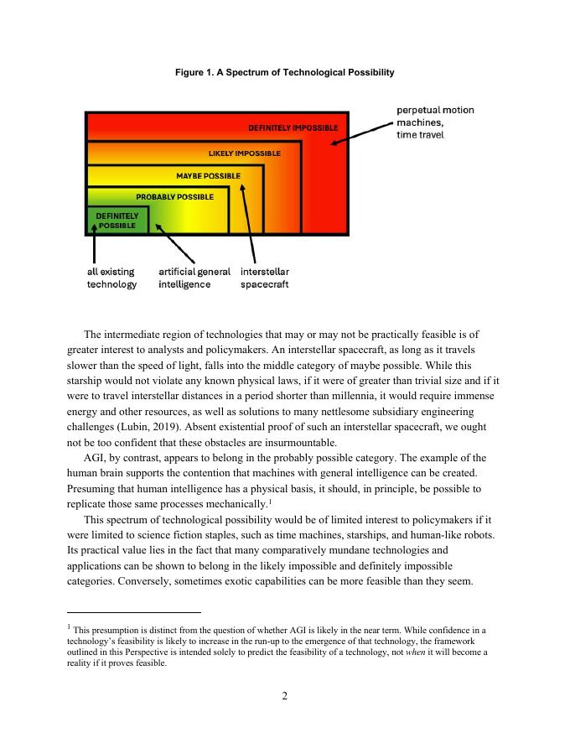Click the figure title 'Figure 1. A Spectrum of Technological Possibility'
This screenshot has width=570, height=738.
click(284, 73)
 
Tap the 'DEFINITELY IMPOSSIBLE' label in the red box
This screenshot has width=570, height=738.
click(293, 128)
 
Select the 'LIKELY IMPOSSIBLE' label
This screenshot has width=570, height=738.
click(244, 153)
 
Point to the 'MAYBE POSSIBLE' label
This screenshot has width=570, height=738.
click(208, 176)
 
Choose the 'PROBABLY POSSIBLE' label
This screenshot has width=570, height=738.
click(174, 197)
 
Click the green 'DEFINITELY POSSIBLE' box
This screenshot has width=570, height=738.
click(117, 221)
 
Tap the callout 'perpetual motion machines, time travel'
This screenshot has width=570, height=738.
click(434, 122)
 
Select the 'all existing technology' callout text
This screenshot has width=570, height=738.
click(111, 278)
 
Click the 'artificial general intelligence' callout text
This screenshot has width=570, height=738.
click(194, 278)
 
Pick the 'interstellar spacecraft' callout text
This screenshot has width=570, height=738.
click(265, 278)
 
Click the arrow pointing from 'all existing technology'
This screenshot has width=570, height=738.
click(94, 247)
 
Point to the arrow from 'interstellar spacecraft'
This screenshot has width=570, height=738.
click(248, 222)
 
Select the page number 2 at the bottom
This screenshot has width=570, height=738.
click(285, 695)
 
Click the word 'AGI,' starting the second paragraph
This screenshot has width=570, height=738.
click(97, 458)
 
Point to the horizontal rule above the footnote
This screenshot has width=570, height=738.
click(134, 612)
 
